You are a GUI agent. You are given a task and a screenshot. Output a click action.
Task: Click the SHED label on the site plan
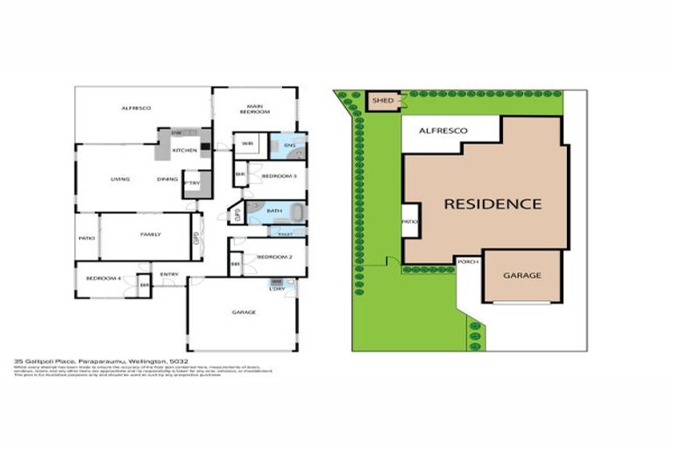pos(382,102)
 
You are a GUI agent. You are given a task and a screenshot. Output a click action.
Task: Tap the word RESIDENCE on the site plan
pos(492,204)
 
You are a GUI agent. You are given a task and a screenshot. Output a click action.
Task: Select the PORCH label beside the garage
pos(467,260)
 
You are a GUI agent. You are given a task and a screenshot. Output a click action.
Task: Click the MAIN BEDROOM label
pos(255,110)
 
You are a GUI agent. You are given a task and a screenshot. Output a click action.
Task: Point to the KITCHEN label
pos(185,151)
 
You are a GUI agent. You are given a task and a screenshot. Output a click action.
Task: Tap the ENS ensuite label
pos(289,144)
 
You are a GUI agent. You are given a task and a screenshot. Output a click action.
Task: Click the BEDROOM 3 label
pos(279,176)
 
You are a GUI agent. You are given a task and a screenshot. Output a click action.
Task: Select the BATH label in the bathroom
pos(273,210)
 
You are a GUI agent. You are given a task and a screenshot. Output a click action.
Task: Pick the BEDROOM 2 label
pos(274,257)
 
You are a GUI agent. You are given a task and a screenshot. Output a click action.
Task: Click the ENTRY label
pos(169,274)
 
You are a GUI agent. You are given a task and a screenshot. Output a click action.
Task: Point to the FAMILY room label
pos(145,234)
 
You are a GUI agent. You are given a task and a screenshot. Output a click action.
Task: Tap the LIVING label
pos(120,179)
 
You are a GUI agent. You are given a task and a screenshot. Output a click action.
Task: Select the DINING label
pos(167,179)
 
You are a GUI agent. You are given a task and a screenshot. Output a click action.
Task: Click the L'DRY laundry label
pos(277,289)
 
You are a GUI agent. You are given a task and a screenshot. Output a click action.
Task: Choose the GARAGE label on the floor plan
pos(243,312)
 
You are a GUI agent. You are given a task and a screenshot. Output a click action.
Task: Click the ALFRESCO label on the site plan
pos(443,131)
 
